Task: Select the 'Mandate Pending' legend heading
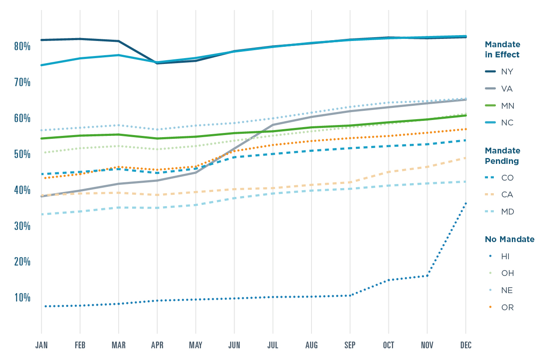click(502, 156)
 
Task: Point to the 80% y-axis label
click(22, 46)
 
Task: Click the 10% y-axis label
click(22, 298)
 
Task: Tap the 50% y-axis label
click(22, 154)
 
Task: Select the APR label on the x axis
click(157, 345)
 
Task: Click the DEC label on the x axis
click(466, 345)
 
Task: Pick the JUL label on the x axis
click(273, 345)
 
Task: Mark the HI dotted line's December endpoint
click(466, 203)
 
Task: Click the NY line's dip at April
click(157, 63)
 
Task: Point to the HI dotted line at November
click(427, 276)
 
